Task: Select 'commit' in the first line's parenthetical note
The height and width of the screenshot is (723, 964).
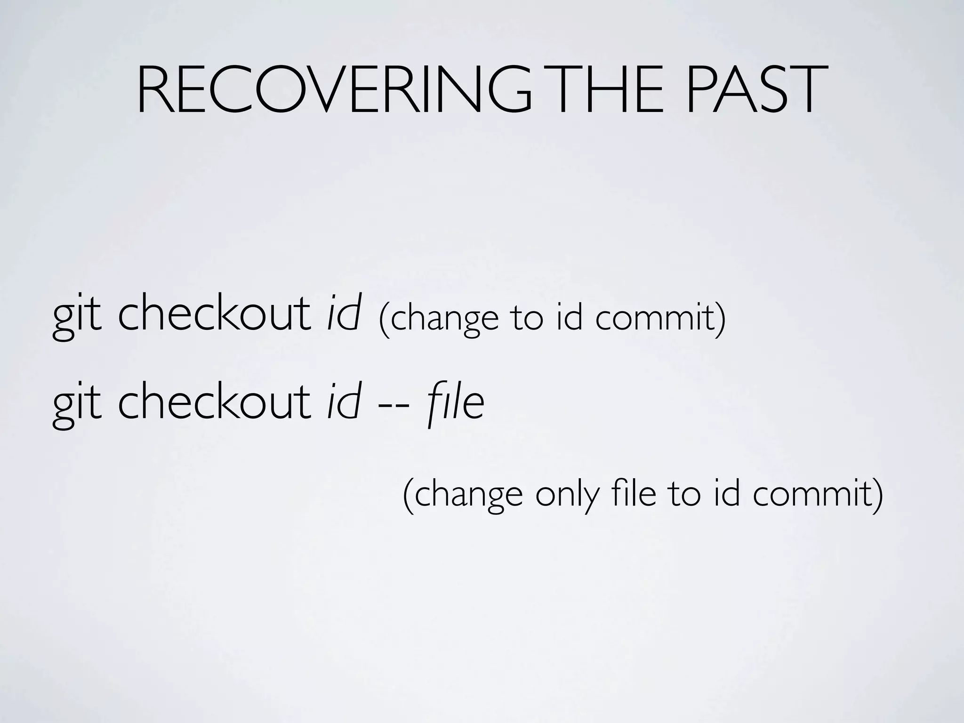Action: coord(659,318)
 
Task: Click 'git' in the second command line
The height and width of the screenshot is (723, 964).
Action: coord(77,405)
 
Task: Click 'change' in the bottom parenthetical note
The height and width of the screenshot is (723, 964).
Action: coord(466,496)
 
